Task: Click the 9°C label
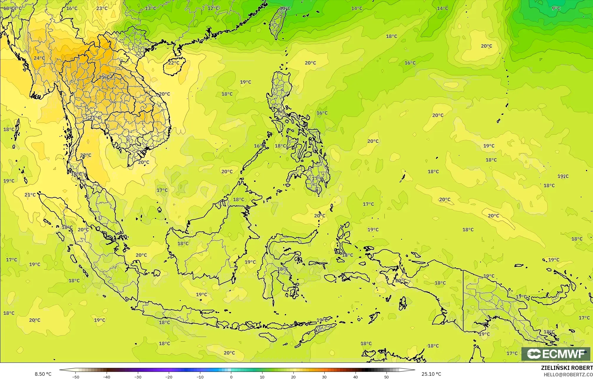click(x=556, y=8)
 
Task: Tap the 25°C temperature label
click(x=104, y=77)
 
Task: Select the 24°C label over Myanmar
click(x=39, y=58)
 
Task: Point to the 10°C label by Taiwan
click(x=285, y=8)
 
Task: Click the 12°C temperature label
click(x=213, y=8)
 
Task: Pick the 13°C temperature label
click(x=151, y=8)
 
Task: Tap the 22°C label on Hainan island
click(x=174, y=63)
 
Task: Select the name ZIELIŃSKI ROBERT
click(x=567, y=368)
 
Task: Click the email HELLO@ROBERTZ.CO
click(x=568, y=375)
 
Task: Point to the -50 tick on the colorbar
click(x=76, y=377)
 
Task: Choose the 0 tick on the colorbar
click(x=231, y=377)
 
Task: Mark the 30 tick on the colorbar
click(x=324, y=377)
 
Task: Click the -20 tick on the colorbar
click(x=169, y=377)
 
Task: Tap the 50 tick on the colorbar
click(x=386, y=377)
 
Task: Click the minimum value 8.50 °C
click(x=43, y=374)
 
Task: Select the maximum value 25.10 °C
click(x=431, y=374)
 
